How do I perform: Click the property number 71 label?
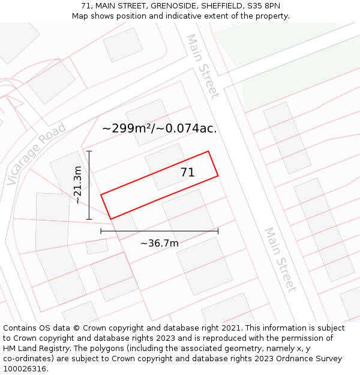coord(187,173)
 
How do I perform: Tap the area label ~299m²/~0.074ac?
coord(160,128)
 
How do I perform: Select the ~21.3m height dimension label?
coord(77,185)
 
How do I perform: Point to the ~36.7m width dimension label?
coord(159,243)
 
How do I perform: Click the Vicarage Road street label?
coord(36,155)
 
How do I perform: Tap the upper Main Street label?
coord(202,66)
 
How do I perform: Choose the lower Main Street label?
coord(280,259)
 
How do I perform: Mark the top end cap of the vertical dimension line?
coord(89,151)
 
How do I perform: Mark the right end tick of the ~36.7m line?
coord(218,230)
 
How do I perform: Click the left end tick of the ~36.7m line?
coord(101,230)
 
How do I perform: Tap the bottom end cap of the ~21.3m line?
coord(89,219)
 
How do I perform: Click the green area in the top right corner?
coord(288,60)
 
